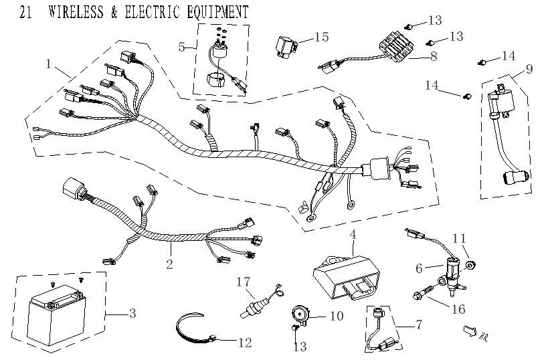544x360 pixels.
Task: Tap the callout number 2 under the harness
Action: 169,264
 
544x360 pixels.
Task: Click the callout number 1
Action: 48,64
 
